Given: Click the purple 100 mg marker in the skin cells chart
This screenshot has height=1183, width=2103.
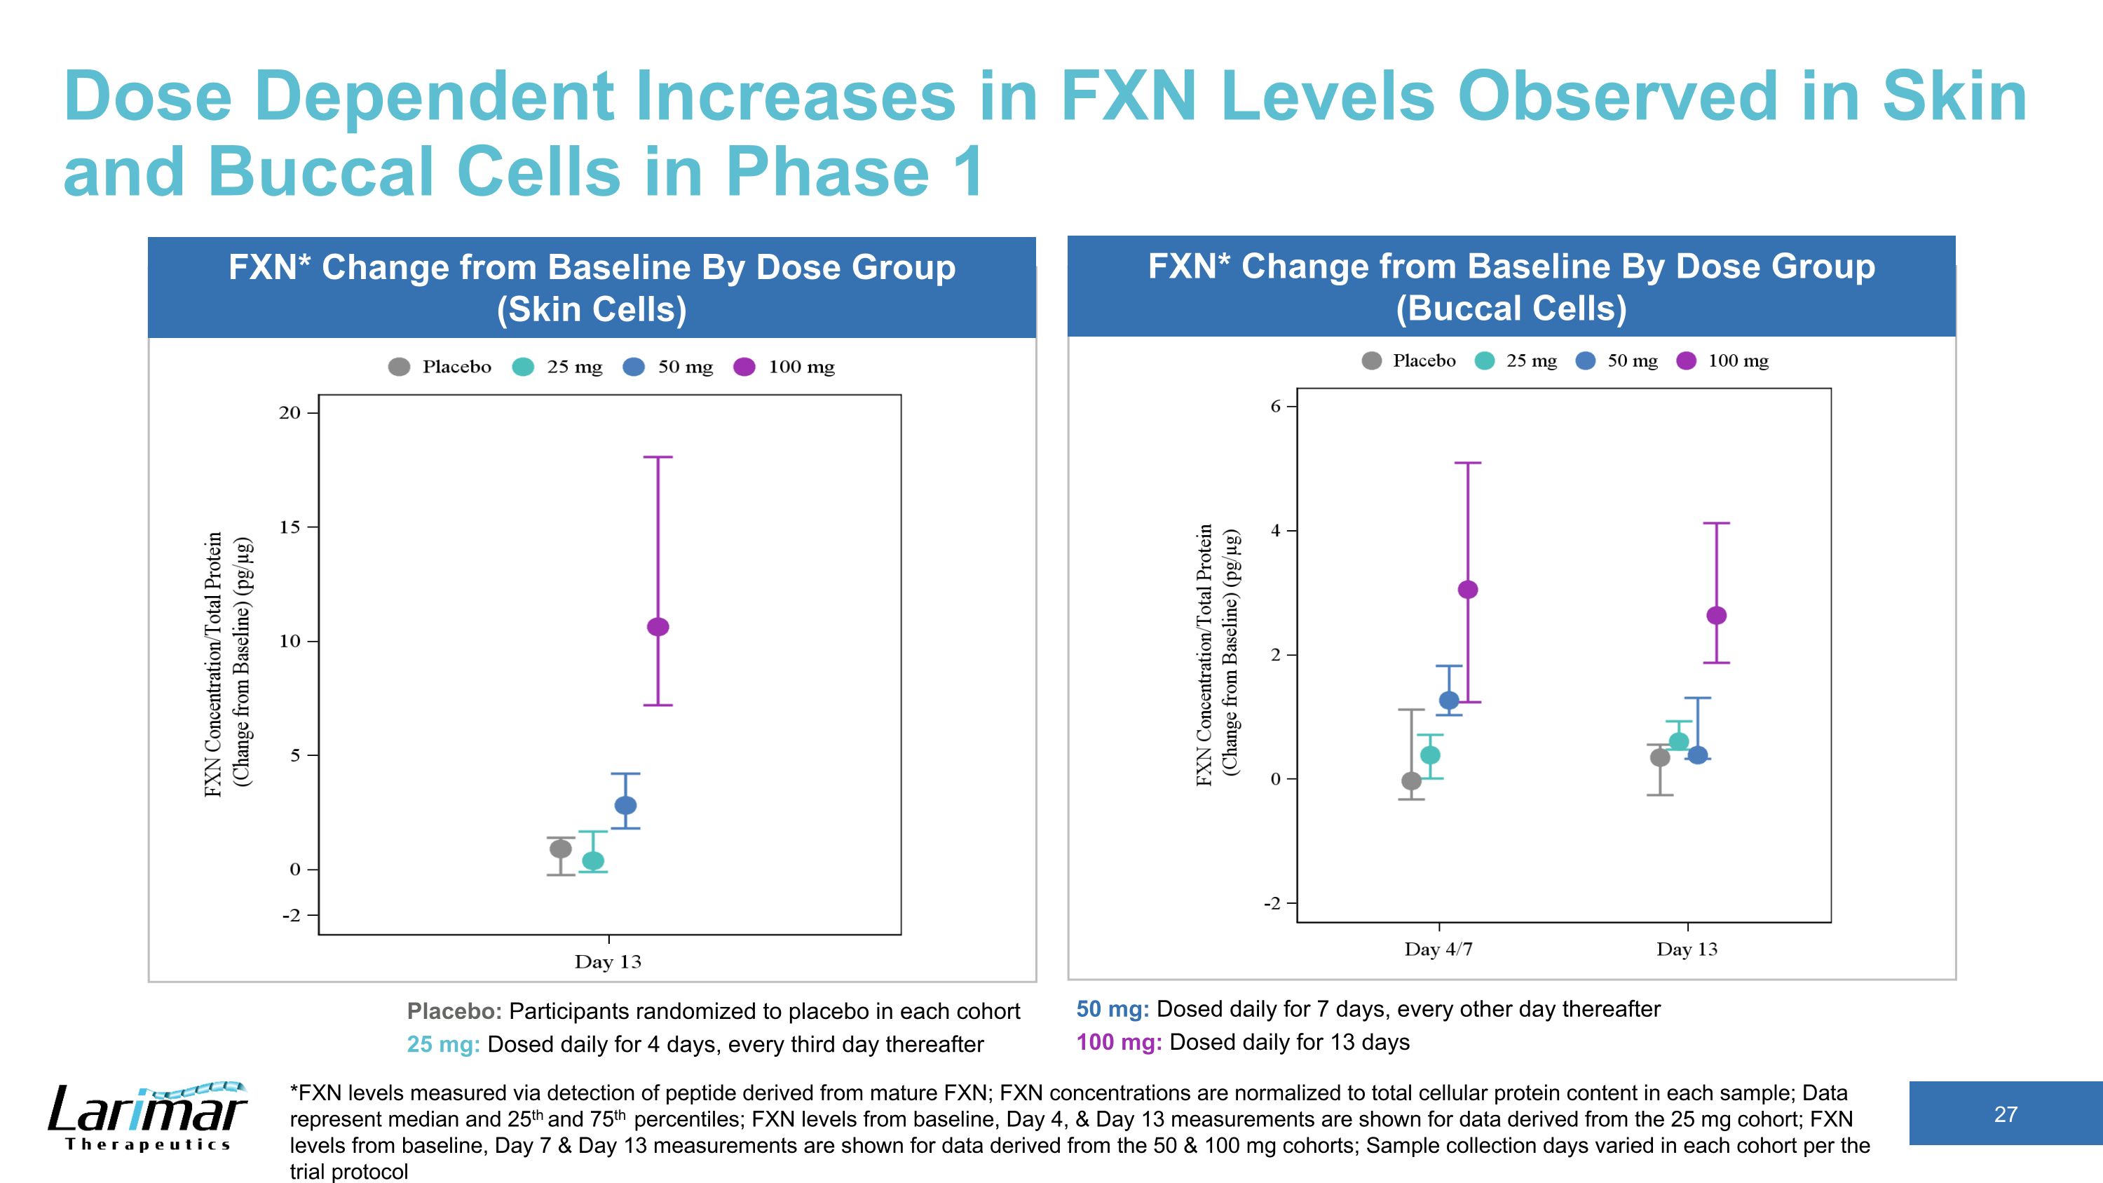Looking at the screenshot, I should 658,627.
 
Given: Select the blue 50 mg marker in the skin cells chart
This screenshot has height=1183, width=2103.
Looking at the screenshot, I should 625,806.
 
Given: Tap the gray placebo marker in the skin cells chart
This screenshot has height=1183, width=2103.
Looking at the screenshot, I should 561,849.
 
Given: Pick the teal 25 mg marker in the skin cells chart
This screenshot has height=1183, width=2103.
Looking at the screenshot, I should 594,860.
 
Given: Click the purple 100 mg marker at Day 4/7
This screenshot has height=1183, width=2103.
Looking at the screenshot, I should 1468,590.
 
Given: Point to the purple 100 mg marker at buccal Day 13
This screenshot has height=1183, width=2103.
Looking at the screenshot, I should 1717,616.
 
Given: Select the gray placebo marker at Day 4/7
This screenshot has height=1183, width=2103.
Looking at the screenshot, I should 1412,781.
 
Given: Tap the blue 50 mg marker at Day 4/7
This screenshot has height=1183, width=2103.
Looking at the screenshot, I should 1449,701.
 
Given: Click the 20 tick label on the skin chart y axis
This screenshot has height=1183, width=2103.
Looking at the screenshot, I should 290,413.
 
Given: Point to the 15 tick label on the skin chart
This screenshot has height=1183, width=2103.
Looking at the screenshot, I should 290,527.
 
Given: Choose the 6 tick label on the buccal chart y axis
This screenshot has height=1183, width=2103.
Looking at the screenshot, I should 1276,407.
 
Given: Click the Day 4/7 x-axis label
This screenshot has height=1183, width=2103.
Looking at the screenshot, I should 1438,949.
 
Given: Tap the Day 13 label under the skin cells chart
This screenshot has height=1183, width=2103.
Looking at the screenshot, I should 608,961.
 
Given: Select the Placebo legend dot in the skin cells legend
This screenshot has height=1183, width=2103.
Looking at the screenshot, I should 399,367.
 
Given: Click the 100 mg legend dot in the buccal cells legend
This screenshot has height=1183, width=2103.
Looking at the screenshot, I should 1687,361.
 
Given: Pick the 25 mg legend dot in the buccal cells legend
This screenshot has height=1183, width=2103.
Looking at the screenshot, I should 1485,361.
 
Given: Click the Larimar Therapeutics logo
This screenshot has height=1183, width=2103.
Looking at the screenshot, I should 147,1116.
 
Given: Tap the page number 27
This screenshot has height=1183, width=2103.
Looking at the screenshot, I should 2006,1114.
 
